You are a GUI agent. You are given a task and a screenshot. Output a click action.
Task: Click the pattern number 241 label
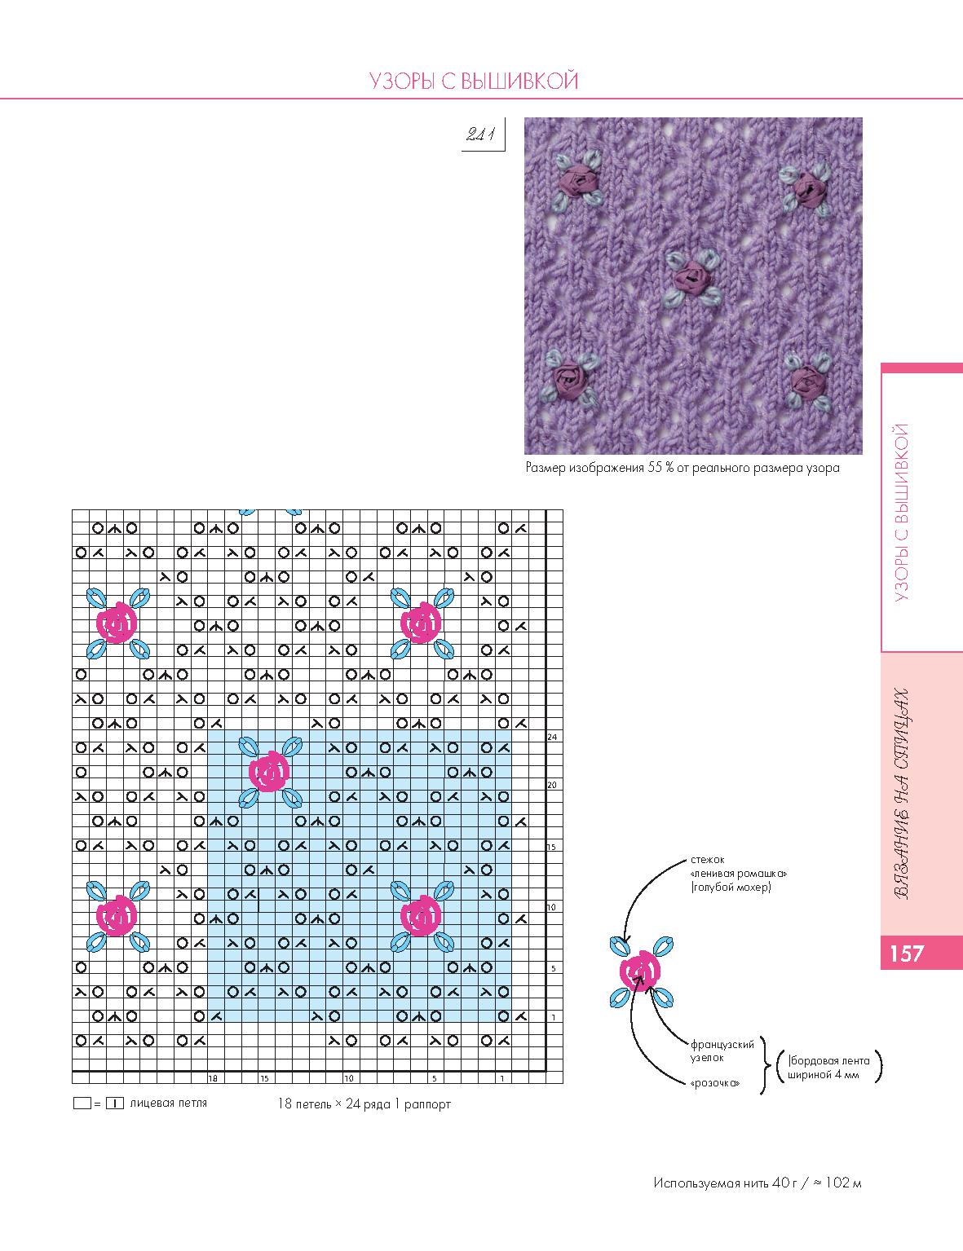coord(481,135)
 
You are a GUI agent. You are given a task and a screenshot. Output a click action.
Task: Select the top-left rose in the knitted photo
coord(576,176)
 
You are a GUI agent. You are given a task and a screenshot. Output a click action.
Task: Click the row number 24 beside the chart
coord(552,737)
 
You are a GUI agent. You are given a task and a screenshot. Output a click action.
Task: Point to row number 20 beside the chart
coord(552,785)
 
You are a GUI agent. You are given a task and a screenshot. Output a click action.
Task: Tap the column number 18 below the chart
coord(213,1078)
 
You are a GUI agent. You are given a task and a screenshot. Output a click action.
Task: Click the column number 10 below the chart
coord(348,1078)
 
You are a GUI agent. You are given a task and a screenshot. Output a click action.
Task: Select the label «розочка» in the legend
coord(714,1083)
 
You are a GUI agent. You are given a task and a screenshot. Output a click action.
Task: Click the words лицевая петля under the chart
coord(168,1103)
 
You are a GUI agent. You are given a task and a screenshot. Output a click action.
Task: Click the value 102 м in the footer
coord(843,1183)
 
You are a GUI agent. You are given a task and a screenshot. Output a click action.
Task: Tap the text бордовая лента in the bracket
coord(830,1060)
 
